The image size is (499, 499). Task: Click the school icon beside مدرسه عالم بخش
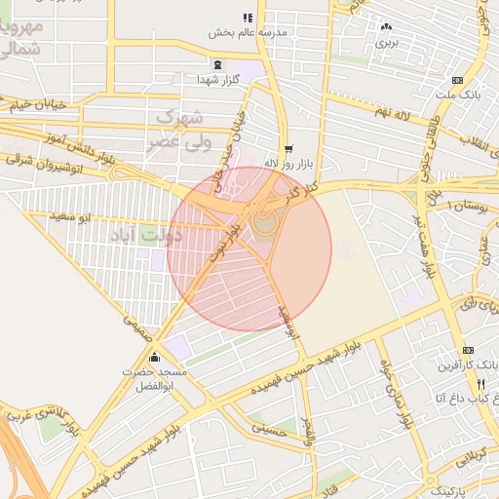tap(248, 18)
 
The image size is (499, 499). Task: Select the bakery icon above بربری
tap(388, 27)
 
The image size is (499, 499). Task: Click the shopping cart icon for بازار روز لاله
tap(287, 149)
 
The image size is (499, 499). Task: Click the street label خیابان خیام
tap(39, 103)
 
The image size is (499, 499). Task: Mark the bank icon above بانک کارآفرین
tap(469, 350)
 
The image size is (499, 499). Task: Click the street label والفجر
tap(309, 433)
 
